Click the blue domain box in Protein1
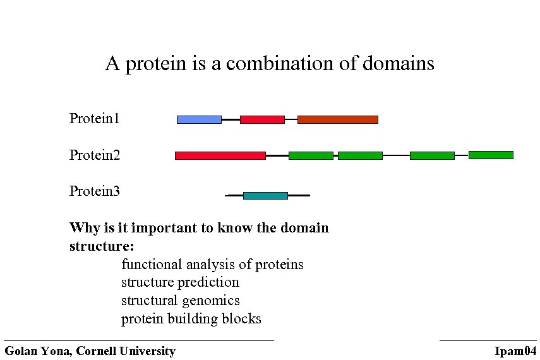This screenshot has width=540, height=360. pos(199,119)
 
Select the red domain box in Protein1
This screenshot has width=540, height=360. pos(262,119)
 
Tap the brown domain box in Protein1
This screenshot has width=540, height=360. pos(337,119)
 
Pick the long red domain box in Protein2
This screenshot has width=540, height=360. pos(220,155)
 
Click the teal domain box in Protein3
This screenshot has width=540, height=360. pos(265,196)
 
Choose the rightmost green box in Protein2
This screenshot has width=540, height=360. pos(491,155)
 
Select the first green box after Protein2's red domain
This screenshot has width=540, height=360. pos(311,155)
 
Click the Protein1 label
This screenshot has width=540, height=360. pos(95,119)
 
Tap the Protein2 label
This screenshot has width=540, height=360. pos(95,155)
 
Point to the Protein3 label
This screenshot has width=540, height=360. pos(95,191)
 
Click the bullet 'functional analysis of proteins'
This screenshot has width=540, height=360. pos(212,264)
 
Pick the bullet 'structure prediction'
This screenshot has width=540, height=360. pos(180,282)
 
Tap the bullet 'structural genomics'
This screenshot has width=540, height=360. pos(180,301)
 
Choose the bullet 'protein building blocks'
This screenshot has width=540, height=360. pos(191,319)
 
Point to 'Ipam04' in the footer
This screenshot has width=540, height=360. pos(516,351)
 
